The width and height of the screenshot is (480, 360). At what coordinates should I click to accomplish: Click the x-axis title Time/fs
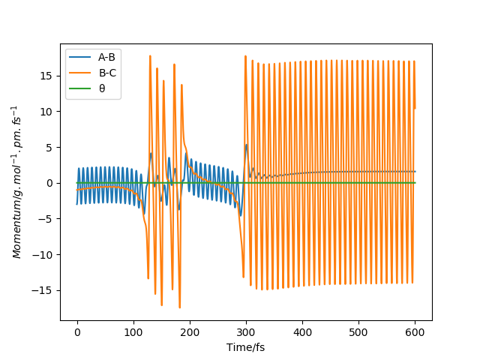click(x=246, y=347)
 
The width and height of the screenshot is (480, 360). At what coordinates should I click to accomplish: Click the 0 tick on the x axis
click(x=77, y=332)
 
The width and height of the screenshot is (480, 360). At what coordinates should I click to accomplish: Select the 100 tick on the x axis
click(x=133, y=332)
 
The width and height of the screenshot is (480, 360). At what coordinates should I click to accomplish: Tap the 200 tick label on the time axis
click(x=190, y=332)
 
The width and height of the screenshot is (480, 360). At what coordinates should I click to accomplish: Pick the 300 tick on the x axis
click(x=246, y=332)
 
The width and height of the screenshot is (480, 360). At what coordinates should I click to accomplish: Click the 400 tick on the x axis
click(x=302, y=332)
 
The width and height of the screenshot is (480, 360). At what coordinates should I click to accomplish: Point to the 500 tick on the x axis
click(x=358, y=332)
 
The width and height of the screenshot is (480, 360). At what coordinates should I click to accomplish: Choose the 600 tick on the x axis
click(x=415, y=332)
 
